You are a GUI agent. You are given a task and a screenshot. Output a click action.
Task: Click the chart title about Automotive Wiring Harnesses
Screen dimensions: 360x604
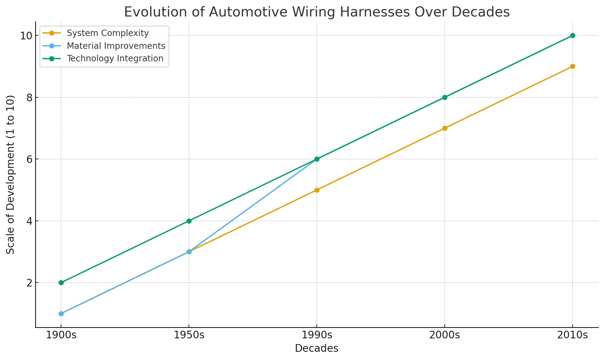click(317, 12)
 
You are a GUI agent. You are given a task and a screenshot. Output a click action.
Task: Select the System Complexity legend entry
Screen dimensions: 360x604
click(108, 33)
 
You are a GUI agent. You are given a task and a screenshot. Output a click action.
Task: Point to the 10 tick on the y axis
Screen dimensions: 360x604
click(27, 36)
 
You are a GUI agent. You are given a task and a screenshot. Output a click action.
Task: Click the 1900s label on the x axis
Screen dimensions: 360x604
click(61, 335)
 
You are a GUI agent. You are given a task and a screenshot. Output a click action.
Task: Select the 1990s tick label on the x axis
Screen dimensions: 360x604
click(317, 335)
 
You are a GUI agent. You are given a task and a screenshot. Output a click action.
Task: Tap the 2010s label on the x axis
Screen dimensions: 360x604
click(573, 335)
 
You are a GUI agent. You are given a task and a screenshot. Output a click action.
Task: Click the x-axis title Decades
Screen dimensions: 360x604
click(316, 348)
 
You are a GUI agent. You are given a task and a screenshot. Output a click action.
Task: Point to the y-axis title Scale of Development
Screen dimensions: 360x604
click(11, 175)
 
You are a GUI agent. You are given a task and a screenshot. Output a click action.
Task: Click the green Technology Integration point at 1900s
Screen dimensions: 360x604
click(61, 283)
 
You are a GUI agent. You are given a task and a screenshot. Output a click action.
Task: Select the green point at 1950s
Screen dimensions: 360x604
click(189, 221)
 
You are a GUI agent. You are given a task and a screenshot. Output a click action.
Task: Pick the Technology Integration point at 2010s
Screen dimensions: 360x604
click(573, 35)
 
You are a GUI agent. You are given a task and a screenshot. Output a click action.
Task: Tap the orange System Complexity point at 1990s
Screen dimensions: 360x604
click(317, 190)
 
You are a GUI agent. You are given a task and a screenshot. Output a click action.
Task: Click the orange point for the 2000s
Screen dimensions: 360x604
click(445, 128)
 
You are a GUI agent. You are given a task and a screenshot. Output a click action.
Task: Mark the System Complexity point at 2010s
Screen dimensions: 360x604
click(573, 67)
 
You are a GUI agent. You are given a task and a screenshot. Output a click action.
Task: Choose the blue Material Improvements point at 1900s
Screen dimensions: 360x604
click(61, 314)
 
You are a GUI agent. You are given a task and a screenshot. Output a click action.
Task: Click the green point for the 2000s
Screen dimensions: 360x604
click(445, 97)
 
